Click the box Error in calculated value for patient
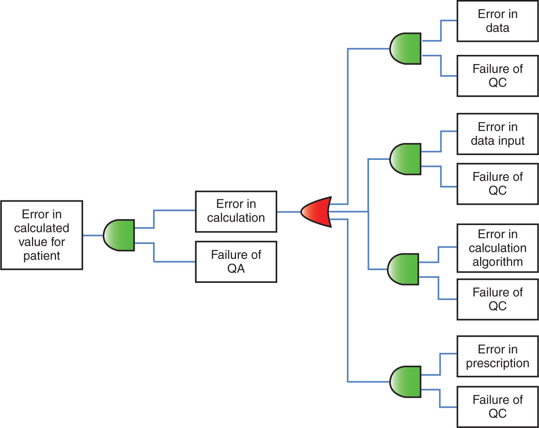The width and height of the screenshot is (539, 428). (42, 235)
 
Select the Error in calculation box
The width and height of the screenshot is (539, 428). (236, 211)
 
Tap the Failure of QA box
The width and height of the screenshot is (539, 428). (236, 262)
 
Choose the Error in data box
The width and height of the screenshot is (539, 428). (497, 21)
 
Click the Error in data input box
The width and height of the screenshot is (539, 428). (497, 134)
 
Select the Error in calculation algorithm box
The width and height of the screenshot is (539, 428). (497, 248)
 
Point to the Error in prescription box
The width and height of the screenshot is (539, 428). (497, 356)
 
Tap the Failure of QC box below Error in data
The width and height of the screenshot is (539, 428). (497, 76)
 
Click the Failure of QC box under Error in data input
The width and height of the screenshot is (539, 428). (497, 184)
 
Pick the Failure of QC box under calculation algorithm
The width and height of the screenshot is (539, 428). (497, 299)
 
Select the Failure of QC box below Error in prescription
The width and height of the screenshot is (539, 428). (497, 407)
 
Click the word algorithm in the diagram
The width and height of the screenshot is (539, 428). (497, 262)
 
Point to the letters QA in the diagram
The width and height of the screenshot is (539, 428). (236, 269)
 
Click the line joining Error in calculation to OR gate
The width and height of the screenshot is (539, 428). (289, 212)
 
